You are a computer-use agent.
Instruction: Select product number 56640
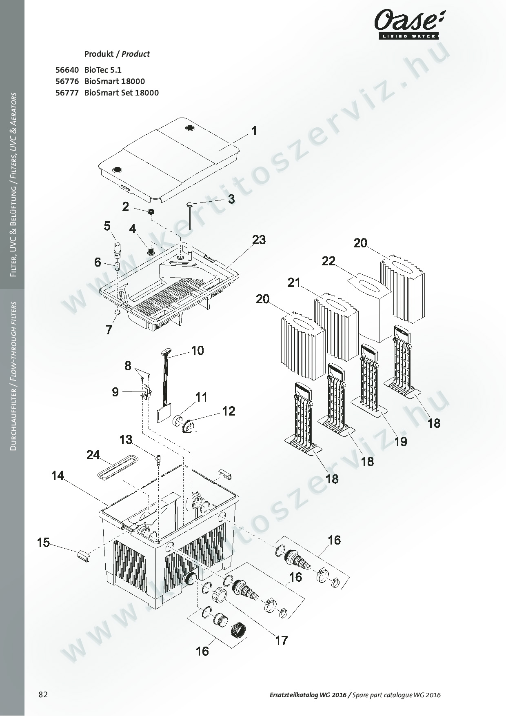point(67,70)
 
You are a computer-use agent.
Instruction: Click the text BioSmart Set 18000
point(122,93)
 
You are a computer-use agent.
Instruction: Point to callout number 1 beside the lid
point(254,131)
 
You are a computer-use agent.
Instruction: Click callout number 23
point(259,240)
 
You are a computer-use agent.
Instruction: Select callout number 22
point(328,261)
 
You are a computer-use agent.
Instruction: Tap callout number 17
point(282,640)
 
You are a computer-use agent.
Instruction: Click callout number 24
point(93,455)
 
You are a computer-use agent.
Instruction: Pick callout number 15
point(43,543)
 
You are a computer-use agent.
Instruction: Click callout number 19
point(401,441)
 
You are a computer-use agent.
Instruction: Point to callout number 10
point(198,350)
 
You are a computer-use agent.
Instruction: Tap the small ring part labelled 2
point(151,212)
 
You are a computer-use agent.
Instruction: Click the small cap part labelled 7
point(118,313)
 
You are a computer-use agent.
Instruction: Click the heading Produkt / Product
point(117,54)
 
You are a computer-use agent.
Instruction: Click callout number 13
point(126,440)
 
